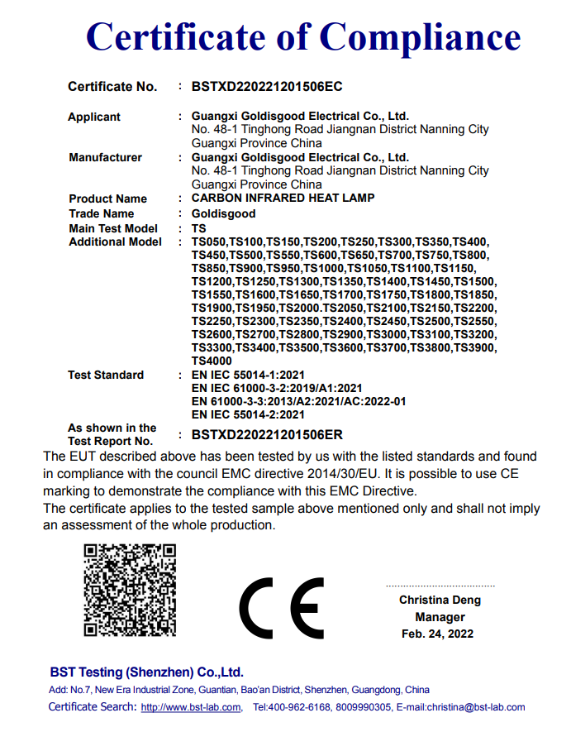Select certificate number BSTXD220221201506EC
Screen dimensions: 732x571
tap(266, 86)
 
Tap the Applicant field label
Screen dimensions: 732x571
tap(94, 117)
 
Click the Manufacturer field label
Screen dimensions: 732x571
tap(105, 157)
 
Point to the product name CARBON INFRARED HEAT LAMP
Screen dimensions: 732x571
tap(283, 199)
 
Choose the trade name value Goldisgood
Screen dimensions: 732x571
tap(223, 213)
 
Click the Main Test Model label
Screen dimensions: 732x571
tap(113, 227)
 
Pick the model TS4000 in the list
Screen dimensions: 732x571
tap(212, 361)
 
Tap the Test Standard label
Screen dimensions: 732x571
tap(106, 375)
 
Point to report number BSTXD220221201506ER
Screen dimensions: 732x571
tap(266, 434)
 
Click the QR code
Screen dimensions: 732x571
tap(130, 590)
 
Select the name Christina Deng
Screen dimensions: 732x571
tap(440, 600)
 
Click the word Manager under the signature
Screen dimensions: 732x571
tap(440, 617)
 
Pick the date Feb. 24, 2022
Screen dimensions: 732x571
tap(438, 634)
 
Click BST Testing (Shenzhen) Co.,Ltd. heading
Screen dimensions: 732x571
tap(146, 672)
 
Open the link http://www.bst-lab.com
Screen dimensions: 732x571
tap(190, 707)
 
